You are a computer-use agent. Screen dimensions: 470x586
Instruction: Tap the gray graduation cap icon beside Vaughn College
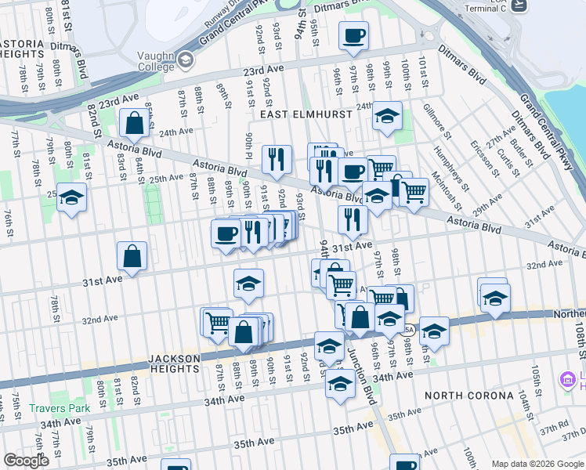(185, 60)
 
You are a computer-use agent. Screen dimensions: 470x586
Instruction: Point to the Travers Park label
(60, 408)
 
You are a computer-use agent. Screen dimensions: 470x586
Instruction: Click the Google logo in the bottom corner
(26, 461)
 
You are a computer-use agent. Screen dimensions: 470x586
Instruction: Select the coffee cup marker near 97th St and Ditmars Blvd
(353, 36)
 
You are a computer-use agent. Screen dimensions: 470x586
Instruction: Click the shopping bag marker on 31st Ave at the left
(132, 255)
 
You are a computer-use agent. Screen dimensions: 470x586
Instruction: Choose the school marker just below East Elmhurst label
(386, 116)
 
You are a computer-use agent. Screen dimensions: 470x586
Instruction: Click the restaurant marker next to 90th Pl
(277, 160)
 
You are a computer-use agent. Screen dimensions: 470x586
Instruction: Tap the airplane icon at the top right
(518, 5)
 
